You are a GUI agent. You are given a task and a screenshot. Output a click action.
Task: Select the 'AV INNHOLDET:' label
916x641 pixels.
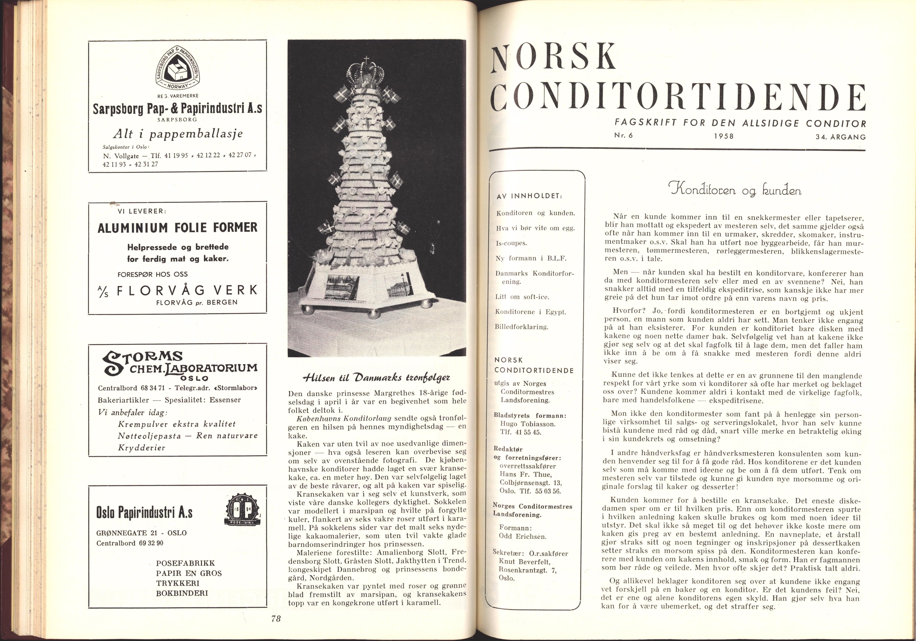[529, 196]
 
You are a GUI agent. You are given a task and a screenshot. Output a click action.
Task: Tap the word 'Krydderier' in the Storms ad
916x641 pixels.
[142, 447]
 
